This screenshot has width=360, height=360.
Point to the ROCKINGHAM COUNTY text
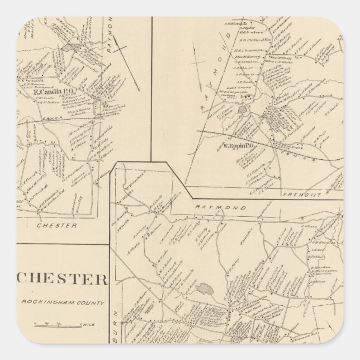[x=63, y=303]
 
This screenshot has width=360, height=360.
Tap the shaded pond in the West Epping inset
[x=243, y=110]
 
